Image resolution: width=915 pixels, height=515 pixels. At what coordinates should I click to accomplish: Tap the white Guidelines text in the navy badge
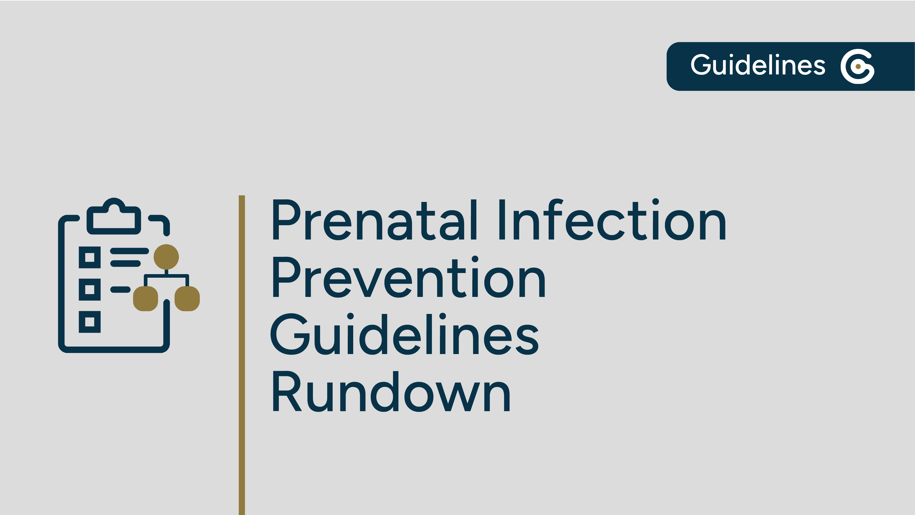pyautogui.click(x=758, y=65)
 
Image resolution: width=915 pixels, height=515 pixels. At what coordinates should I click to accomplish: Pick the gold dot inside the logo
pyautogui.click(x=858, y=66)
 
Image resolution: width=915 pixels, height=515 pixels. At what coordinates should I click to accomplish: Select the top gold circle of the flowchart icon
pyautogui.click(x=166, y=257)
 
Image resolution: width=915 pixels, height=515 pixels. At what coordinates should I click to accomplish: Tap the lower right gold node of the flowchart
pyautogui.click(x=187, y=299)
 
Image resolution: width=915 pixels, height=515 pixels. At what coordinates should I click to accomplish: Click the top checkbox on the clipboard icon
pyautogui.click(x=89, y=257)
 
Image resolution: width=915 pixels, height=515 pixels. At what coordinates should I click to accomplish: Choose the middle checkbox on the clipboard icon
pyautogui.click(x=89, y=289)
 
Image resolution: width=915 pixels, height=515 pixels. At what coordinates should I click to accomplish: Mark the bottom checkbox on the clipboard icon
pyautogui.click(x=89, y=322)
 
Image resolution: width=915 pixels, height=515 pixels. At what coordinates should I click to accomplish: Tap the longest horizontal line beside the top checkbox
pyautogui.click(x=129, y=251)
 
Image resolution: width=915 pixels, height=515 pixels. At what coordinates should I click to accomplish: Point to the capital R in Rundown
pyautogui.click(x=286, y=392)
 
